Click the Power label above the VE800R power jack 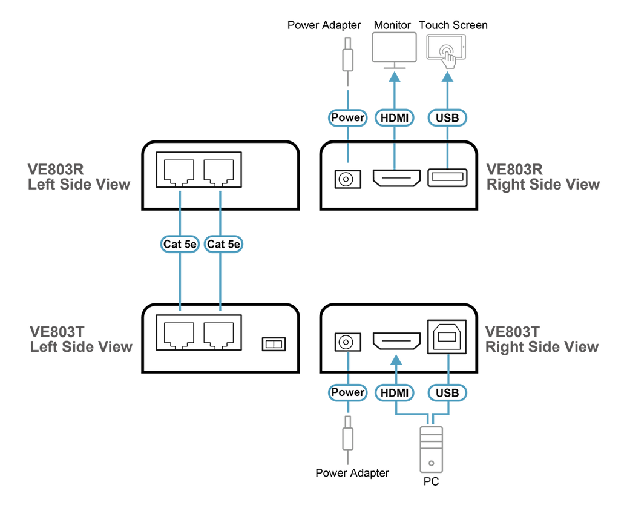click(x=348, y=117)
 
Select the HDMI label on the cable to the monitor click(x=395, y=117)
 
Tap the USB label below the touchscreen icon click(x=447, y=117)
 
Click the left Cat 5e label click(x=180, y=244)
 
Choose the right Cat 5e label click(x=223, y=244)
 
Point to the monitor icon click(x=394, y=49)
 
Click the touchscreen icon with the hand click(x=447, y=50)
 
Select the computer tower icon click(x=431, y=449)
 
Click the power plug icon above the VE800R click(x=348, y=61)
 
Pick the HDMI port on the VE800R click(x=395, y=179)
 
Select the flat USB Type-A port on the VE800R click(x=447, y=179)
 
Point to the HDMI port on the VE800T click(x=395, y=342)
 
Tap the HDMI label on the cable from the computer click(x=395, y=393)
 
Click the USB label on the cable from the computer click(x=447, y=393)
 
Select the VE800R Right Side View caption click(x=543, y=177)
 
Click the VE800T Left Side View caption click(x=80, y=339)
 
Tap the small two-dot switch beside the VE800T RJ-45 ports click(x=274, y=344)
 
